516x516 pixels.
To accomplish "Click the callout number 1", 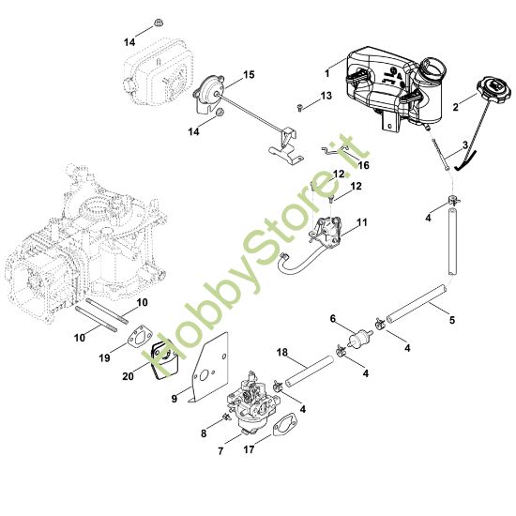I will pyautogui.click(x=326, y=72).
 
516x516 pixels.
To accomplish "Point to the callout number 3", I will pyautogui.click(x=463, y=145).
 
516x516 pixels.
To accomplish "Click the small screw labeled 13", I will pyautogui.click(x=299, y=109).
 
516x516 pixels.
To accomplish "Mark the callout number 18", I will pyautogui.click(x=281, y=352).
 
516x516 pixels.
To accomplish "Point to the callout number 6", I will pyautogui.click(x=332, y=319).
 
